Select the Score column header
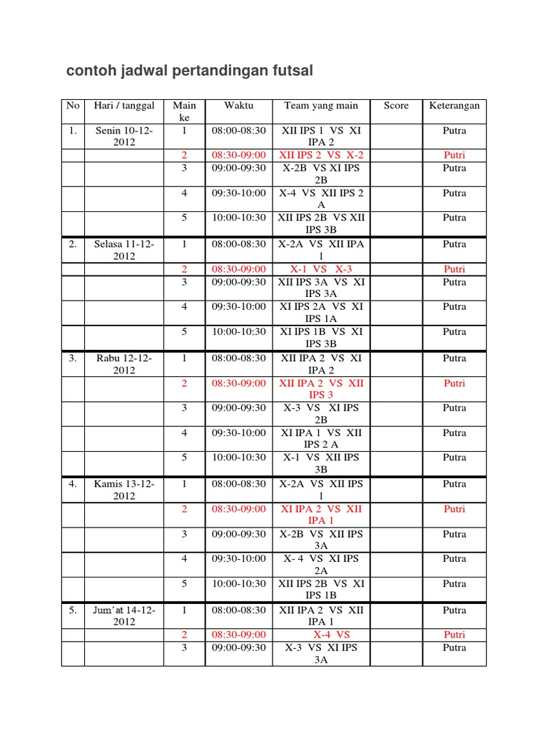(x=396, y=106)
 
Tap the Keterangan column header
(x=454, y=106)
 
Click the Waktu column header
(x=238, y=106)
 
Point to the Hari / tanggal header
(x=124, y=106)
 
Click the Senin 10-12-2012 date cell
(x=124, y=136)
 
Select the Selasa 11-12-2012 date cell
(x=124, y=250)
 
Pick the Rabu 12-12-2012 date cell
(x=124, y=364)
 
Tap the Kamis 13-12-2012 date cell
(x=124, y=490)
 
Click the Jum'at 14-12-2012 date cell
(x=124, y=616)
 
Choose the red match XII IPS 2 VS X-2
(x=321, y=155)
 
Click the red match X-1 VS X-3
(x=321, y=269)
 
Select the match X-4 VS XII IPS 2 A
(x=321, y=198)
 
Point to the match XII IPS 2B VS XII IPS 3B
(x=321, y=223)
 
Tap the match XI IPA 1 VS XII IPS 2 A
(x=321, y=438)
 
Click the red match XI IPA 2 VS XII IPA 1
(x=321, y=515)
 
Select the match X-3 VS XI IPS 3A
(x=321, y=654)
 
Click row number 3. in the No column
(x=73, y=358)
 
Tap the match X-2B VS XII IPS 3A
(x=321, y=540)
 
